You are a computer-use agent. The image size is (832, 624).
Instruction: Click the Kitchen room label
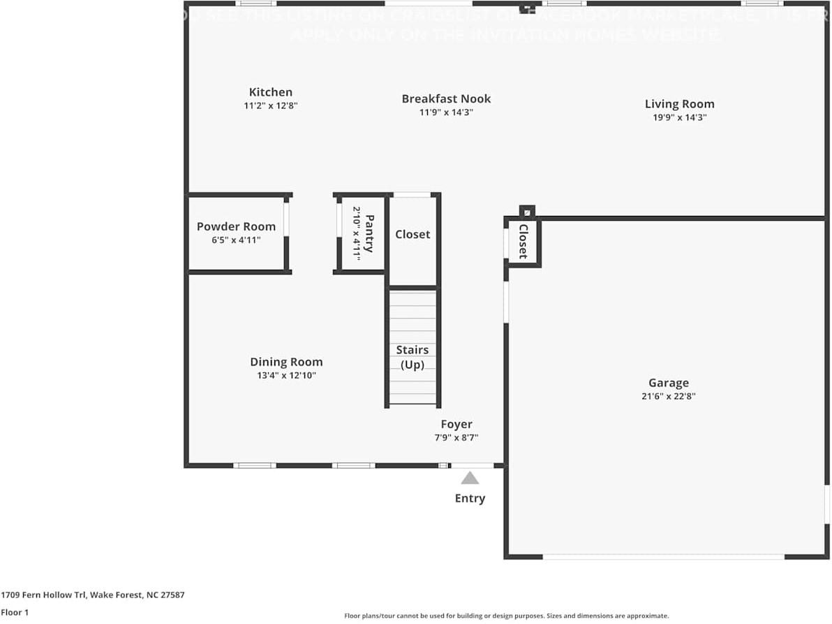point(271,92)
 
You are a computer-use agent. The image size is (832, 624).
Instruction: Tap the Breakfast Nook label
point(446,99)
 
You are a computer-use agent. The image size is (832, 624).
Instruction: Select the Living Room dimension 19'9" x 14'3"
point(679,117)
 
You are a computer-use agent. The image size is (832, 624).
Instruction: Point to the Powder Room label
point(236,226)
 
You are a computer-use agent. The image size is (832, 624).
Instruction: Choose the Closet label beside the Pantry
point(413,234)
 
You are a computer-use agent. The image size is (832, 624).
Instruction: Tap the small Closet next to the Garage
point(523,242)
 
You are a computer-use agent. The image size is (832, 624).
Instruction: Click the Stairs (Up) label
point(412,356)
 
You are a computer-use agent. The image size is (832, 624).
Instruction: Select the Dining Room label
point(286,362)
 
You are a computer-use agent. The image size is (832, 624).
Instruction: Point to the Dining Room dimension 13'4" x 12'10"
point(286,375)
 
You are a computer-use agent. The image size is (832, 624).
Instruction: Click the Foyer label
point(456,424)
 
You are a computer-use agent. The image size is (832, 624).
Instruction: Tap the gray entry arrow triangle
point(470,478)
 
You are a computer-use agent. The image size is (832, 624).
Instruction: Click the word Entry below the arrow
point(470,498)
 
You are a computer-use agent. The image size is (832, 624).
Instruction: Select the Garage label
point(668,383)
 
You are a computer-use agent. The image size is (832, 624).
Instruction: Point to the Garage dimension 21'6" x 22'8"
point(668,396)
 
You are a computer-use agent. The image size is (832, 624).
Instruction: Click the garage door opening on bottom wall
point(663,557)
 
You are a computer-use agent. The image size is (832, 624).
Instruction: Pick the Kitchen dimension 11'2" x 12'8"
point(271,106)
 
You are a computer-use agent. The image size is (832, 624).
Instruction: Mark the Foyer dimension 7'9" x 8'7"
point(456,438)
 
